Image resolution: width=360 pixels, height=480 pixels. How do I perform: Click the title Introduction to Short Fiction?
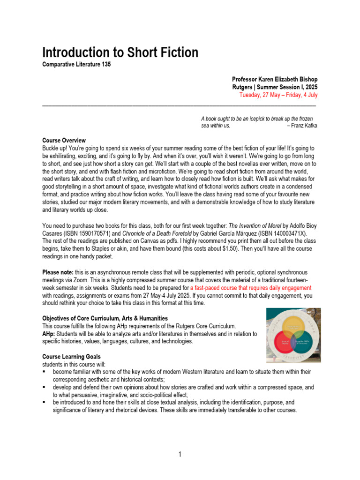(120, 52)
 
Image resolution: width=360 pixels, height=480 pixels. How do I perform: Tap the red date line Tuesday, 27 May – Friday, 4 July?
(278, 95)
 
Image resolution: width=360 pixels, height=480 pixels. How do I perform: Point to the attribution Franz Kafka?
(304, 126)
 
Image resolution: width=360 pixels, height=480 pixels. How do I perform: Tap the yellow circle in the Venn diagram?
(293, 325)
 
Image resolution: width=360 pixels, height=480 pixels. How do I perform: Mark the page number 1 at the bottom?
(180, 454)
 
